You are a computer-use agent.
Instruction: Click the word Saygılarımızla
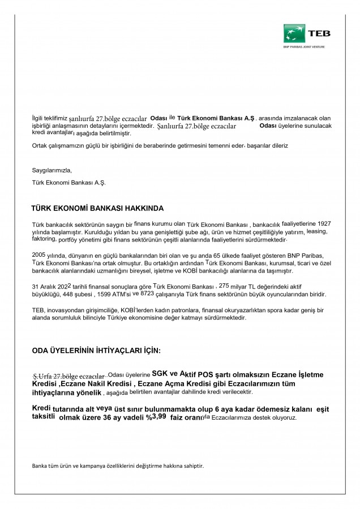[x=52, y=170]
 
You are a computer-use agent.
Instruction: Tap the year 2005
[x=38, y=255]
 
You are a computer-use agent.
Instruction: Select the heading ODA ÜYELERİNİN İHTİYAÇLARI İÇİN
[x=96, y=351]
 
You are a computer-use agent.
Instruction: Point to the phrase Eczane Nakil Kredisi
[x=99, y=384]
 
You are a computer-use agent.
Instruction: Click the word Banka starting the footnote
[x=40, y=466]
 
